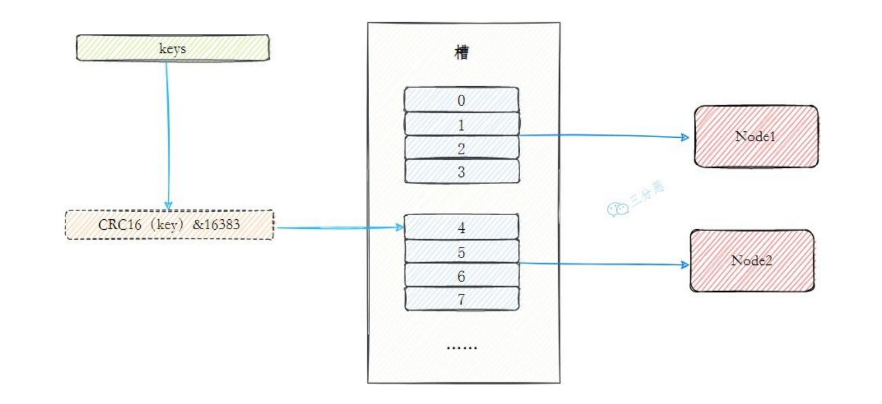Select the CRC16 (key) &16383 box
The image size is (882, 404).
169,225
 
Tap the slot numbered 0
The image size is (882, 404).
462,100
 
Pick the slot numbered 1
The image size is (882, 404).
462,124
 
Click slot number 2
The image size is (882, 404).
462,148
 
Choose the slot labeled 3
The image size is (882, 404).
462,172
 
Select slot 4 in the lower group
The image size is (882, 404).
462,227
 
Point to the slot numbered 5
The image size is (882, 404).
462,252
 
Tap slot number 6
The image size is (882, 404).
462,276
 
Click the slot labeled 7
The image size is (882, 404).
462,299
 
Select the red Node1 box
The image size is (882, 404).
755,137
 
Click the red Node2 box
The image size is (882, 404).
752,260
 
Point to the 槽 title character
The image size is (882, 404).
462,53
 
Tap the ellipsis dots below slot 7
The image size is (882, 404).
462,347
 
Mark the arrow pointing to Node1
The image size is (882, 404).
604,136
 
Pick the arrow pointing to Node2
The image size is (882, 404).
604,264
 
